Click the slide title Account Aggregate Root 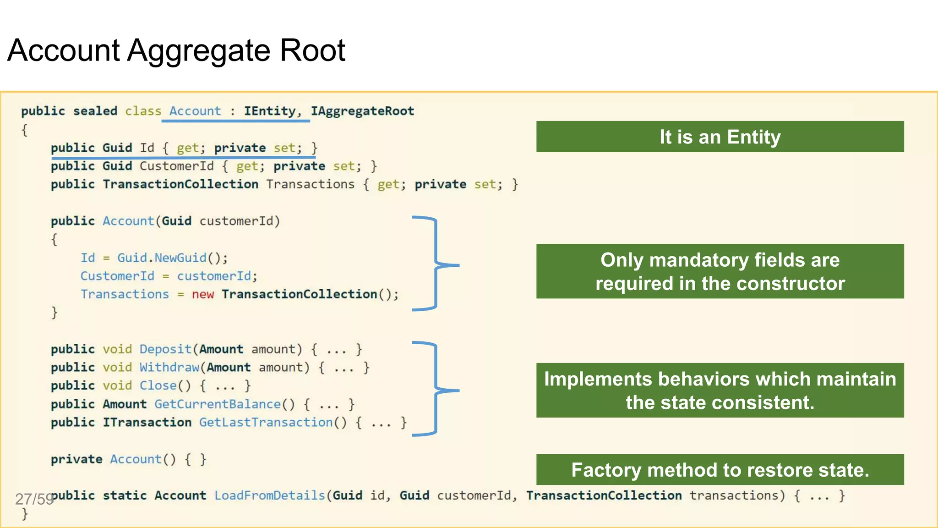[x=176, y=50]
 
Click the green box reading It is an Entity [x=720, y=137]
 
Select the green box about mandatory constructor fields [x=720, y=271]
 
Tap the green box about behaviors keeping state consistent [x=720, y=390]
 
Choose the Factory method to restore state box [x=720, y=470]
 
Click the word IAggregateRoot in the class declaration [x=362, y=111]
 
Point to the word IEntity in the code [x=270, y=111]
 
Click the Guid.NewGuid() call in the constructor [x=172, y=258]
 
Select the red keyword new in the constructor [x=202, y=294]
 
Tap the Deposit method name [x=165, y=349]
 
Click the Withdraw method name [x=169, y=368]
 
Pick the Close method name [x=158, y=385]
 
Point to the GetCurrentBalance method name [x=218, y=404]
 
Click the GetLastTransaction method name [x=266, y=422]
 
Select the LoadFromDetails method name [x=269, y=495]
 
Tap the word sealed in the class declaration [x=95, y=111]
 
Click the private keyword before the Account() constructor [x=76, y=459]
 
